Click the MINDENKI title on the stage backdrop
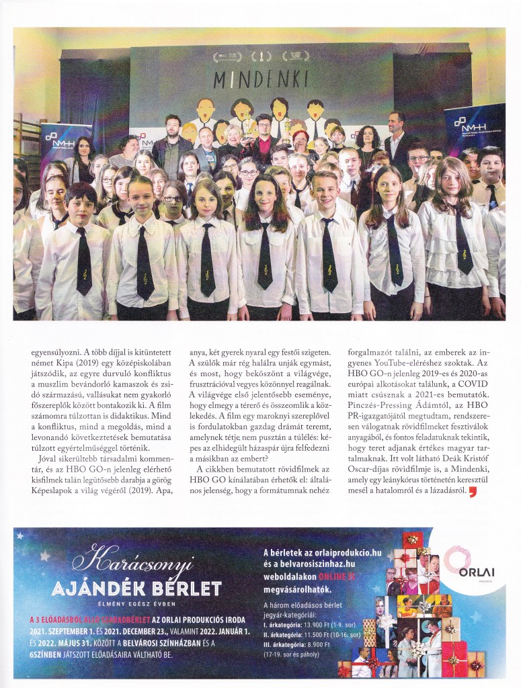tap(260, 80)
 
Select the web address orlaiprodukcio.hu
tap(342, 553)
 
